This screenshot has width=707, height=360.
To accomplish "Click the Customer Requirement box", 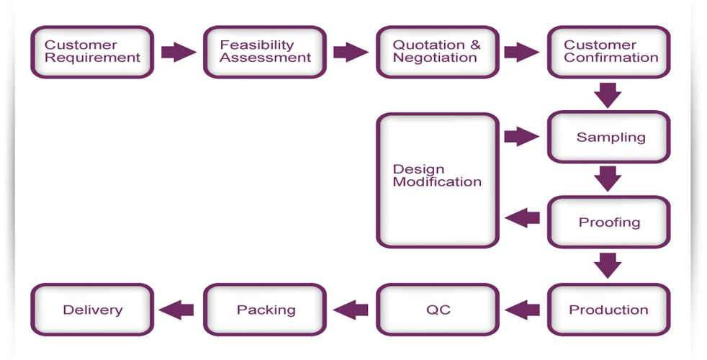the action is (x=92, y=52).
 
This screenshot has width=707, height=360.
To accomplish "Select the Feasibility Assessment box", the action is (x=265, y=52).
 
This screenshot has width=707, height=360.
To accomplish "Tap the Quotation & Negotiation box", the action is (x=437, y=52).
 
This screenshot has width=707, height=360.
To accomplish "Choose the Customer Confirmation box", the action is (x=608, y=52).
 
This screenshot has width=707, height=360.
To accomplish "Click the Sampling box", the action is (x=608, y=137).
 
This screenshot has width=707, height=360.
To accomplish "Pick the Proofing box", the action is (x=608, y=222).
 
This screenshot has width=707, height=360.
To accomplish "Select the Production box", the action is (x=608, y=310).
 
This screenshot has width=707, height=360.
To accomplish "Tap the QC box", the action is (x=437, y=310).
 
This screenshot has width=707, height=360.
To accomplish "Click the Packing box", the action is (x=265, y=310).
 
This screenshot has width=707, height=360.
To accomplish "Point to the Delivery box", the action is (x=92, y=310).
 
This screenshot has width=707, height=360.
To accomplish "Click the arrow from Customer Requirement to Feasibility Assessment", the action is (x=179, y=52).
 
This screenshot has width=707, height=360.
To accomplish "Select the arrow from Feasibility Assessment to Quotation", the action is (x=351, y=52).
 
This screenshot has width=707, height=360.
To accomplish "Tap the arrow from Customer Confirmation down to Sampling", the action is (x=608, y=95).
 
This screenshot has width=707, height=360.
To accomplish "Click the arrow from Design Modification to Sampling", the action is (x=522, y=136).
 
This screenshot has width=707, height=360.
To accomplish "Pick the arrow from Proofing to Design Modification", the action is (x=522, y=218).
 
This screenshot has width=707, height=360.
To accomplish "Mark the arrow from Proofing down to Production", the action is (x=608, y=266).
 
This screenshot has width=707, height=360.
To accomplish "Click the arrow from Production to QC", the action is (x=522, y=310).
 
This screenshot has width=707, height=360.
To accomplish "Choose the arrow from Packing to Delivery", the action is (x=176, y=310).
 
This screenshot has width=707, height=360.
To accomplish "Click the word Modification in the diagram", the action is (x=437, y=182).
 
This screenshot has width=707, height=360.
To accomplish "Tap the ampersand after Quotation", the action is (x=475, y=45).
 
